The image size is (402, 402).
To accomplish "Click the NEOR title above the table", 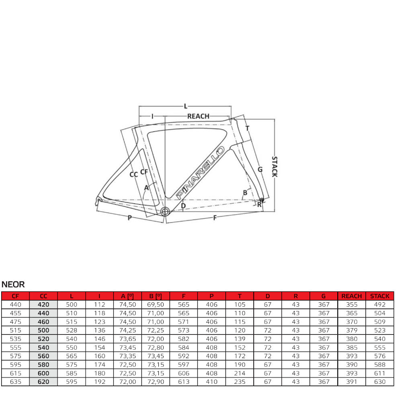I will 13,285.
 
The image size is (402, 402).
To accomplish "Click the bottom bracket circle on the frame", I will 164,211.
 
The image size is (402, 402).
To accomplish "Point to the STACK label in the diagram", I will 274,166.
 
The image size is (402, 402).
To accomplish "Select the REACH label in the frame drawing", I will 198,116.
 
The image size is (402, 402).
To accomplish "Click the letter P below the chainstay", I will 129,217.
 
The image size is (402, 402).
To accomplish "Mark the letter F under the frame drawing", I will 215,217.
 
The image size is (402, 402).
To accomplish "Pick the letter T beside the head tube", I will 247,129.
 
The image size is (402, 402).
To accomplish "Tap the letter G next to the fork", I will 260,169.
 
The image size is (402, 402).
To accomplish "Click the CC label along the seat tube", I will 134,174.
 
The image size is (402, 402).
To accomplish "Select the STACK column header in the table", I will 379,296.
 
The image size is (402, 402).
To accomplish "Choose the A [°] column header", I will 127,296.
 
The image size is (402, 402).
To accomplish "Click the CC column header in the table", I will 43,296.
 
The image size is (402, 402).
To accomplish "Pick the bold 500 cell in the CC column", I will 43,330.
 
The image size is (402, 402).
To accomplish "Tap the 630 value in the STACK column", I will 379,381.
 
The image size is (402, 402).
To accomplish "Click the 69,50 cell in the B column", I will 156,305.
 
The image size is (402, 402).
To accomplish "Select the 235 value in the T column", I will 240,381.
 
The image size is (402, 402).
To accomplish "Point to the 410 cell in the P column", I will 211,381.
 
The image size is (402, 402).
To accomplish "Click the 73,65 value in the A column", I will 127,339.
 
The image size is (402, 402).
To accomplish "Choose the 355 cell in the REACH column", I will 351,305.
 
